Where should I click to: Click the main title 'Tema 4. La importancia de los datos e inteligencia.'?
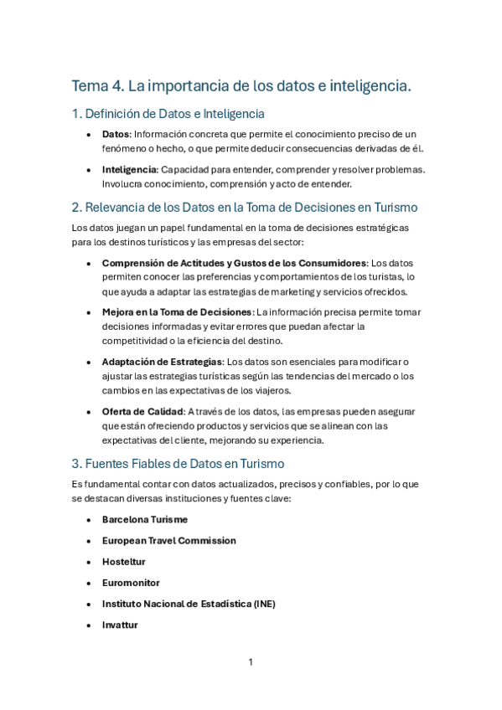coord(241,85)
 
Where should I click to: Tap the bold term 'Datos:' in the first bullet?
coord(116,134)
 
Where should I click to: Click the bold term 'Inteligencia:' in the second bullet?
coord(130,169)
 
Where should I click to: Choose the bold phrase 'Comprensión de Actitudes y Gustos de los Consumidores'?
coord(234,263)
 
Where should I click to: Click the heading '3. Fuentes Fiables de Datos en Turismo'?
coord(178,463)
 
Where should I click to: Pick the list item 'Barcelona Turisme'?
coord(145,519)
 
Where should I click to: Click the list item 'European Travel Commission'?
coord(169,541)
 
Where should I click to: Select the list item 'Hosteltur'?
coord(124,562)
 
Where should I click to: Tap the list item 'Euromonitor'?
coord(131,583)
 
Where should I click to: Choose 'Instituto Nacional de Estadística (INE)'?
coord(189,604)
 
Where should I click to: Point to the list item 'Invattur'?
coord(120,625)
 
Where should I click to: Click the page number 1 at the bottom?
coord(251,662)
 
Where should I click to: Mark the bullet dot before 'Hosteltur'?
coord(89,563)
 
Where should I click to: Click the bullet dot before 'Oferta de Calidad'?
coord(89,412)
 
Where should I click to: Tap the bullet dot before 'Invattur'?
coord(89,625)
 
